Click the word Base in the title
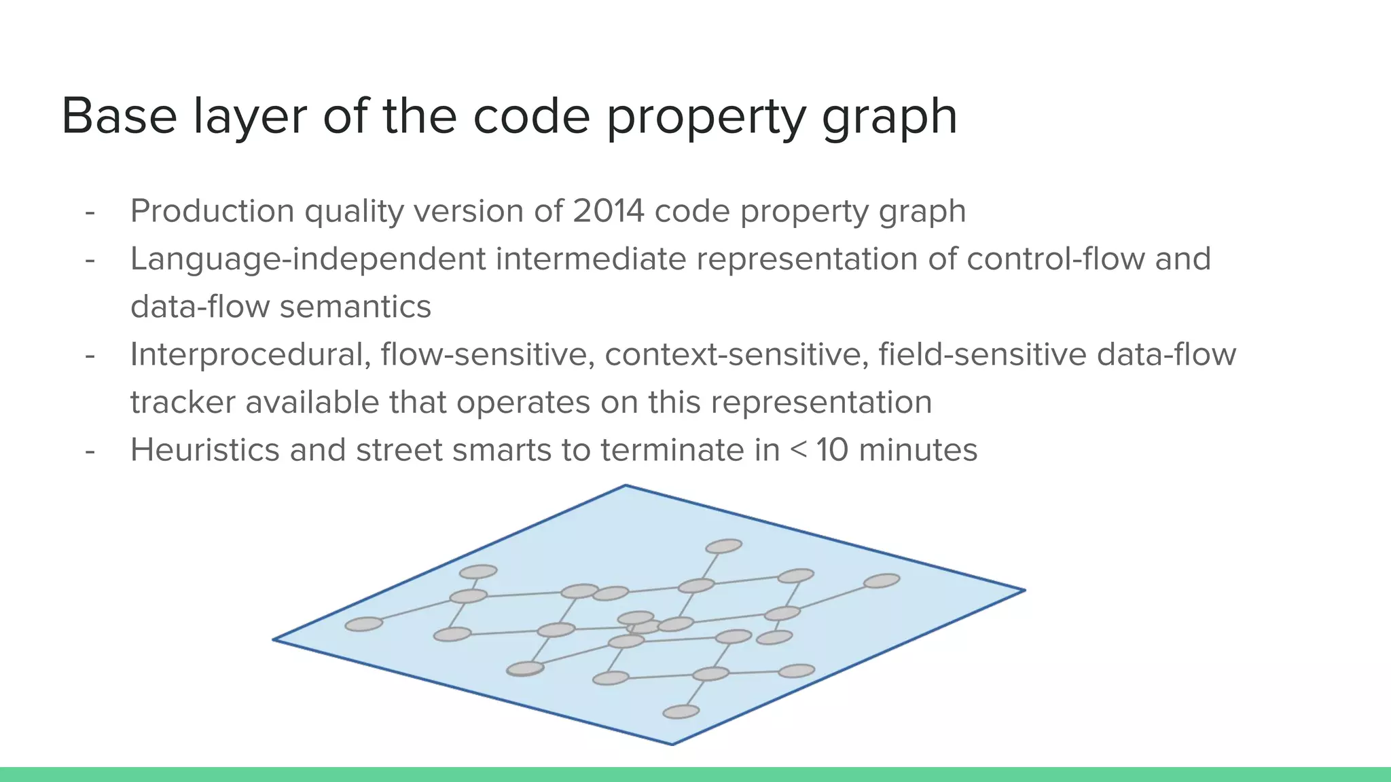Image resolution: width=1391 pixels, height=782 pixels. [x=119, y=117]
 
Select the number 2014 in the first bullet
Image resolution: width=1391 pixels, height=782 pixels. [x=608, y=211]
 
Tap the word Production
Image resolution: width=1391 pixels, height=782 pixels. [x=212, y=211]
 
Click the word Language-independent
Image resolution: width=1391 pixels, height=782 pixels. [x=308, y=259]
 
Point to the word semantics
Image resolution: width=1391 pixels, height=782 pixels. [x=355, y=307]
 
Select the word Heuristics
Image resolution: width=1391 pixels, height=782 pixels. [x=204, y=450]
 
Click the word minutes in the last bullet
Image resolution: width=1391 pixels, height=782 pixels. [x=918, y=450]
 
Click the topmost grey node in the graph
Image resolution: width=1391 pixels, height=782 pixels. [x=723, y=546]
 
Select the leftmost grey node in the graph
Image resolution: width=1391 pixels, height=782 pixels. [x=363, y=624]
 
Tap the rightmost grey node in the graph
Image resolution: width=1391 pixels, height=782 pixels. [x=882, y=580]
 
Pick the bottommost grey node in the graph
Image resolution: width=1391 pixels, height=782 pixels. [x=681, y=711]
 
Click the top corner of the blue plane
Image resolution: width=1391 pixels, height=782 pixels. [x=626, y=486]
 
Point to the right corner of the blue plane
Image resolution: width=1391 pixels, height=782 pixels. [x=1023, y=591]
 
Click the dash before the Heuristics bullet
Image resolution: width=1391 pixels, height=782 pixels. [x=90, y=450]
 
